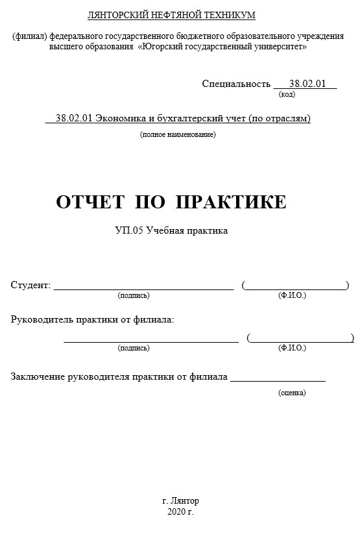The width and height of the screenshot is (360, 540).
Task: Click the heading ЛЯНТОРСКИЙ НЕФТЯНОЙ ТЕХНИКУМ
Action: click(180, 15)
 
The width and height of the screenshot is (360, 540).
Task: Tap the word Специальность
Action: click(235, 84)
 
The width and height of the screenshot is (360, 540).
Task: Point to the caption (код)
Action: click(287, 94)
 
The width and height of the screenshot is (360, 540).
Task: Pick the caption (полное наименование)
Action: click(178, 134)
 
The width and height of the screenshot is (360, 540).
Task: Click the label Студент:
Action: click(30, 285)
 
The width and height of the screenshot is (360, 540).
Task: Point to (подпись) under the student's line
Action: click(134, 295)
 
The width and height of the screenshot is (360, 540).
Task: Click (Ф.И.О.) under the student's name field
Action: click(292, 295)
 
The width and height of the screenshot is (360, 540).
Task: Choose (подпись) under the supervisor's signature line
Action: click(134, 348)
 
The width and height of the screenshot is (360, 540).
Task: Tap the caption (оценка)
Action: click(292, 393)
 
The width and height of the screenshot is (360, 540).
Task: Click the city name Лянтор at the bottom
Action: click(186, 501)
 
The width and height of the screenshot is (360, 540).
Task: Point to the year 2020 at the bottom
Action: click(176, 512)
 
